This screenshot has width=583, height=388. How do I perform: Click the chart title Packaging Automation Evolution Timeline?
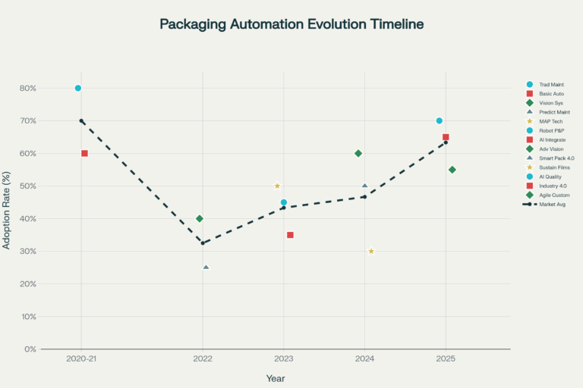291,24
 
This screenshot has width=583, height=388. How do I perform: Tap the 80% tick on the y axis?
27,88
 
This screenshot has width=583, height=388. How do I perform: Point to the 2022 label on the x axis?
203,358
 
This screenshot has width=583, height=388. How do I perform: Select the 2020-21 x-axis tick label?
81,358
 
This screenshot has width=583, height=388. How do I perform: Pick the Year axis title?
276,378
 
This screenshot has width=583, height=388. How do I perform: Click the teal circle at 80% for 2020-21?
78,88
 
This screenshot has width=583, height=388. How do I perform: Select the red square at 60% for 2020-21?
84,153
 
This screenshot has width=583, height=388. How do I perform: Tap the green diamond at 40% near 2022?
200,218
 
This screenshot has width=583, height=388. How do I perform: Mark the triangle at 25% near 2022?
206,268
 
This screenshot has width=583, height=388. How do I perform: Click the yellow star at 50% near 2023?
277,186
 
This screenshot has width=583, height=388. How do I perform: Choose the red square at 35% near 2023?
290,235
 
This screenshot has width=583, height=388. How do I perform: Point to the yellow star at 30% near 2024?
371,251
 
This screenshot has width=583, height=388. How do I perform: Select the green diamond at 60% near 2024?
358,153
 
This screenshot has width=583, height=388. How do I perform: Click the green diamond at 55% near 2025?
452,170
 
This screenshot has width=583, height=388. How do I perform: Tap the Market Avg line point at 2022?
203,243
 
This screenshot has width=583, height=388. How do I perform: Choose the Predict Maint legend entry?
551,112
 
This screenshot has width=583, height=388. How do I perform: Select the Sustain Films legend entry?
552,167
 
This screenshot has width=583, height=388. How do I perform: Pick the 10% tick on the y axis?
27,317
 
